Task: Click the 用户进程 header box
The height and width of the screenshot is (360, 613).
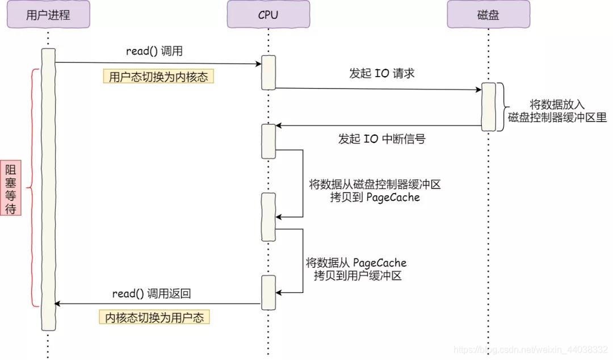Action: (x=48, y=15)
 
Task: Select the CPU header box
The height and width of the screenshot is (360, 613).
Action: (x=268, y=15)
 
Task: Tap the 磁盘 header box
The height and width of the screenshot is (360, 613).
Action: (x=488, y=15)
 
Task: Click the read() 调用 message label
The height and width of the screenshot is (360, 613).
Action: (x=154, y=51)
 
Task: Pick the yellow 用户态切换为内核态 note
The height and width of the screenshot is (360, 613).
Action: (x=158, y=76)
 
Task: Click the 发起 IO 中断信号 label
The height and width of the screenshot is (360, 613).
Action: (x=381, y=139)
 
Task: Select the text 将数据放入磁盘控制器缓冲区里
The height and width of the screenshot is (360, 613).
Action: (x=557, y=112)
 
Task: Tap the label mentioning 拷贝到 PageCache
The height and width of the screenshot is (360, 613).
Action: (x=375, y=191)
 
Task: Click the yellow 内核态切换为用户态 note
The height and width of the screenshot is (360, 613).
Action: (x=154, y=317)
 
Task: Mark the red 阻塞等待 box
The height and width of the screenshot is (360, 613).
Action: (x=11, y=188)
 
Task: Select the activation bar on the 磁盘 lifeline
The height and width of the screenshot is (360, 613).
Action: (x=488, y=107)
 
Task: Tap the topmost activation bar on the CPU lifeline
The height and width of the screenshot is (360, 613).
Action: (x=268, y=72)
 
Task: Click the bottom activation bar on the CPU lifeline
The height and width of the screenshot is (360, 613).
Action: (x=268, y=292)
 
